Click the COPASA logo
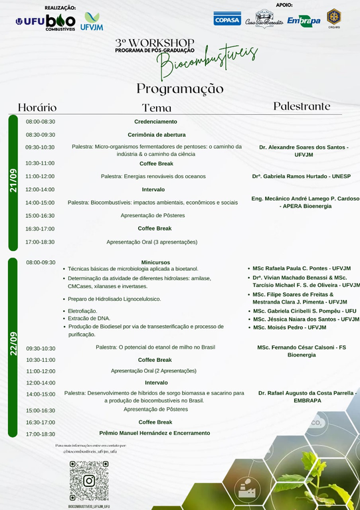click(x=227, y=19)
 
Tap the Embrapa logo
click(x=304, y=20)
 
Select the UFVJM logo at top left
click(x=90, y=21)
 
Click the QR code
click(x=88, y=480)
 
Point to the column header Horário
click(x=37, y=107)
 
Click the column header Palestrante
click(x=302, y=106)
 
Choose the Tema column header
click(x=157, y=108)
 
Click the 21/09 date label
click(x=13, y=181)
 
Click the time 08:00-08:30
click(x=41, y=122)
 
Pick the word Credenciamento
click(x=155, y=122)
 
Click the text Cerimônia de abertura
click(x=156, y=135)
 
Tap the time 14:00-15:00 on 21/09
click(x=41, y=203)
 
